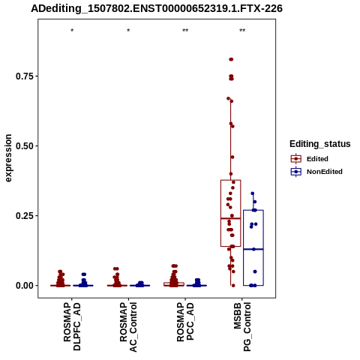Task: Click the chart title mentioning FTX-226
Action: coord(157,8)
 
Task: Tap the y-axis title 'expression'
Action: coord(8,158)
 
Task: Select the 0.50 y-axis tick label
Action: coord(25,146)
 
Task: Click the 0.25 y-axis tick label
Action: coord(25,216)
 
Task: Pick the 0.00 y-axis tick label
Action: coord(25,286)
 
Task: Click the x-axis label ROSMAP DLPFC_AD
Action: coord(72,326)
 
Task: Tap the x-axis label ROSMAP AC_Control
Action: coord(128,327)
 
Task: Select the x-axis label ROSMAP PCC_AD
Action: coord(185,322)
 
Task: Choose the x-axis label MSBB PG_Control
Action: coord(242,326)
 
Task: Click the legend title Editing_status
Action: coord(320,144)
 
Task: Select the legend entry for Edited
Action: coord(309,159)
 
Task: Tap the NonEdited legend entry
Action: coord(316,172)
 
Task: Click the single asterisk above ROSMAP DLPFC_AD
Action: coord(72,31)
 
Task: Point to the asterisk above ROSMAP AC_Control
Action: coord(128,31)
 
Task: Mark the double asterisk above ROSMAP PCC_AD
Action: coord(185,31)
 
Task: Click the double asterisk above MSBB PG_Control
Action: coord(242,31)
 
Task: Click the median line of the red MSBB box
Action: coord(230,218)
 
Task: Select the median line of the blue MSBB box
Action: coord(253,249)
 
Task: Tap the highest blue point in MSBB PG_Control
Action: coord(253,193)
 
